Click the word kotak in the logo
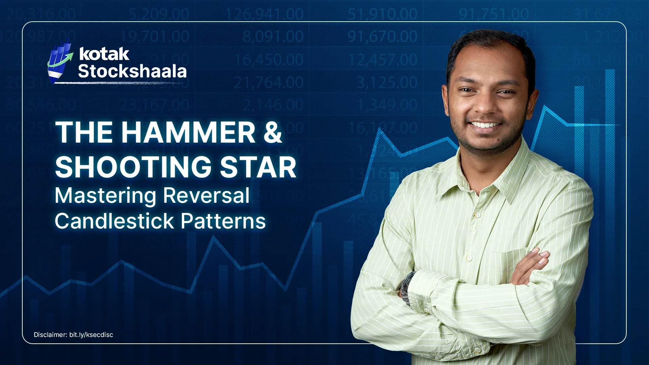coord(104,54)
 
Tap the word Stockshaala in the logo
coord(132,71)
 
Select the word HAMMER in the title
coord(188,132)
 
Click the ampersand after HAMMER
coord(272,132)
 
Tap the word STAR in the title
coord(258,167)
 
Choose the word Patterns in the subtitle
coord(223,221)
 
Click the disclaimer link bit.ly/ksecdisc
coord(91,335)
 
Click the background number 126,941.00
coord(264,15)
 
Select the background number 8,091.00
coord(273,36)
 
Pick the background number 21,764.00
coord(268,82)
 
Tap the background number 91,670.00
coord(382,36)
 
